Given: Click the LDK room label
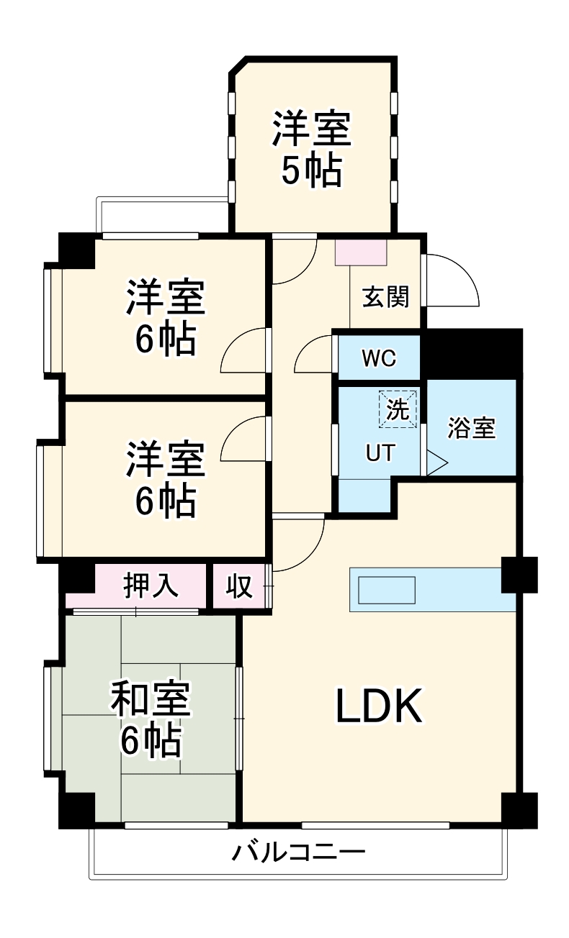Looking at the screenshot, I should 379,706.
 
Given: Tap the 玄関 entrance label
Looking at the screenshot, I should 385,296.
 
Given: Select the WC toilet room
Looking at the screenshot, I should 379,358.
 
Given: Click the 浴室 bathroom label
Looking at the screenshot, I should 472,428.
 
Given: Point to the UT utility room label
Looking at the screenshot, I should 380,452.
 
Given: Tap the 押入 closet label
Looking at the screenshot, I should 151,586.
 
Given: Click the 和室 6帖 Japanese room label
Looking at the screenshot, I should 151,719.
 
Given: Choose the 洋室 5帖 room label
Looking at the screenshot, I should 311,150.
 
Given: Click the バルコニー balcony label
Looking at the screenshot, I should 298,853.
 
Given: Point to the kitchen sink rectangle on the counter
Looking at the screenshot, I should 387,590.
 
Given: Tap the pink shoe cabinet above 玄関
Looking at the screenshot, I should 361,251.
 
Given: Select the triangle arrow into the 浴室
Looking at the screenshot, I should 436,463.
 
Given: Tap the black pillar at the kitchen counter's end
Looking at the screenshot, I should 519,575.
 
